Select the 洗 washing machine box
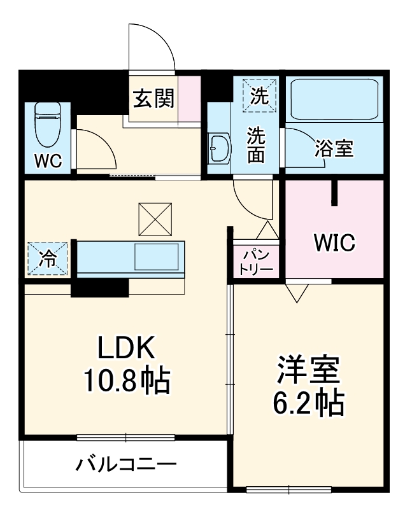[259, 95]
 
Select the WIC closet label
[334, 242]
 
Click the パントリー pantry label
[256, 261]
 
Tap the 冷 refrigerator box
[48, 258]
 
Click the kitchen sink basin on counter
[156, 258]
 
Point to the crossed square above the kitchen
[155, 218]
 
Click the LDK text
[125, 349]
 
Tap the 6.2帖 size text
[309, 402]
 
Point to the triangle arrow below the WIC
[297, 291]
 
